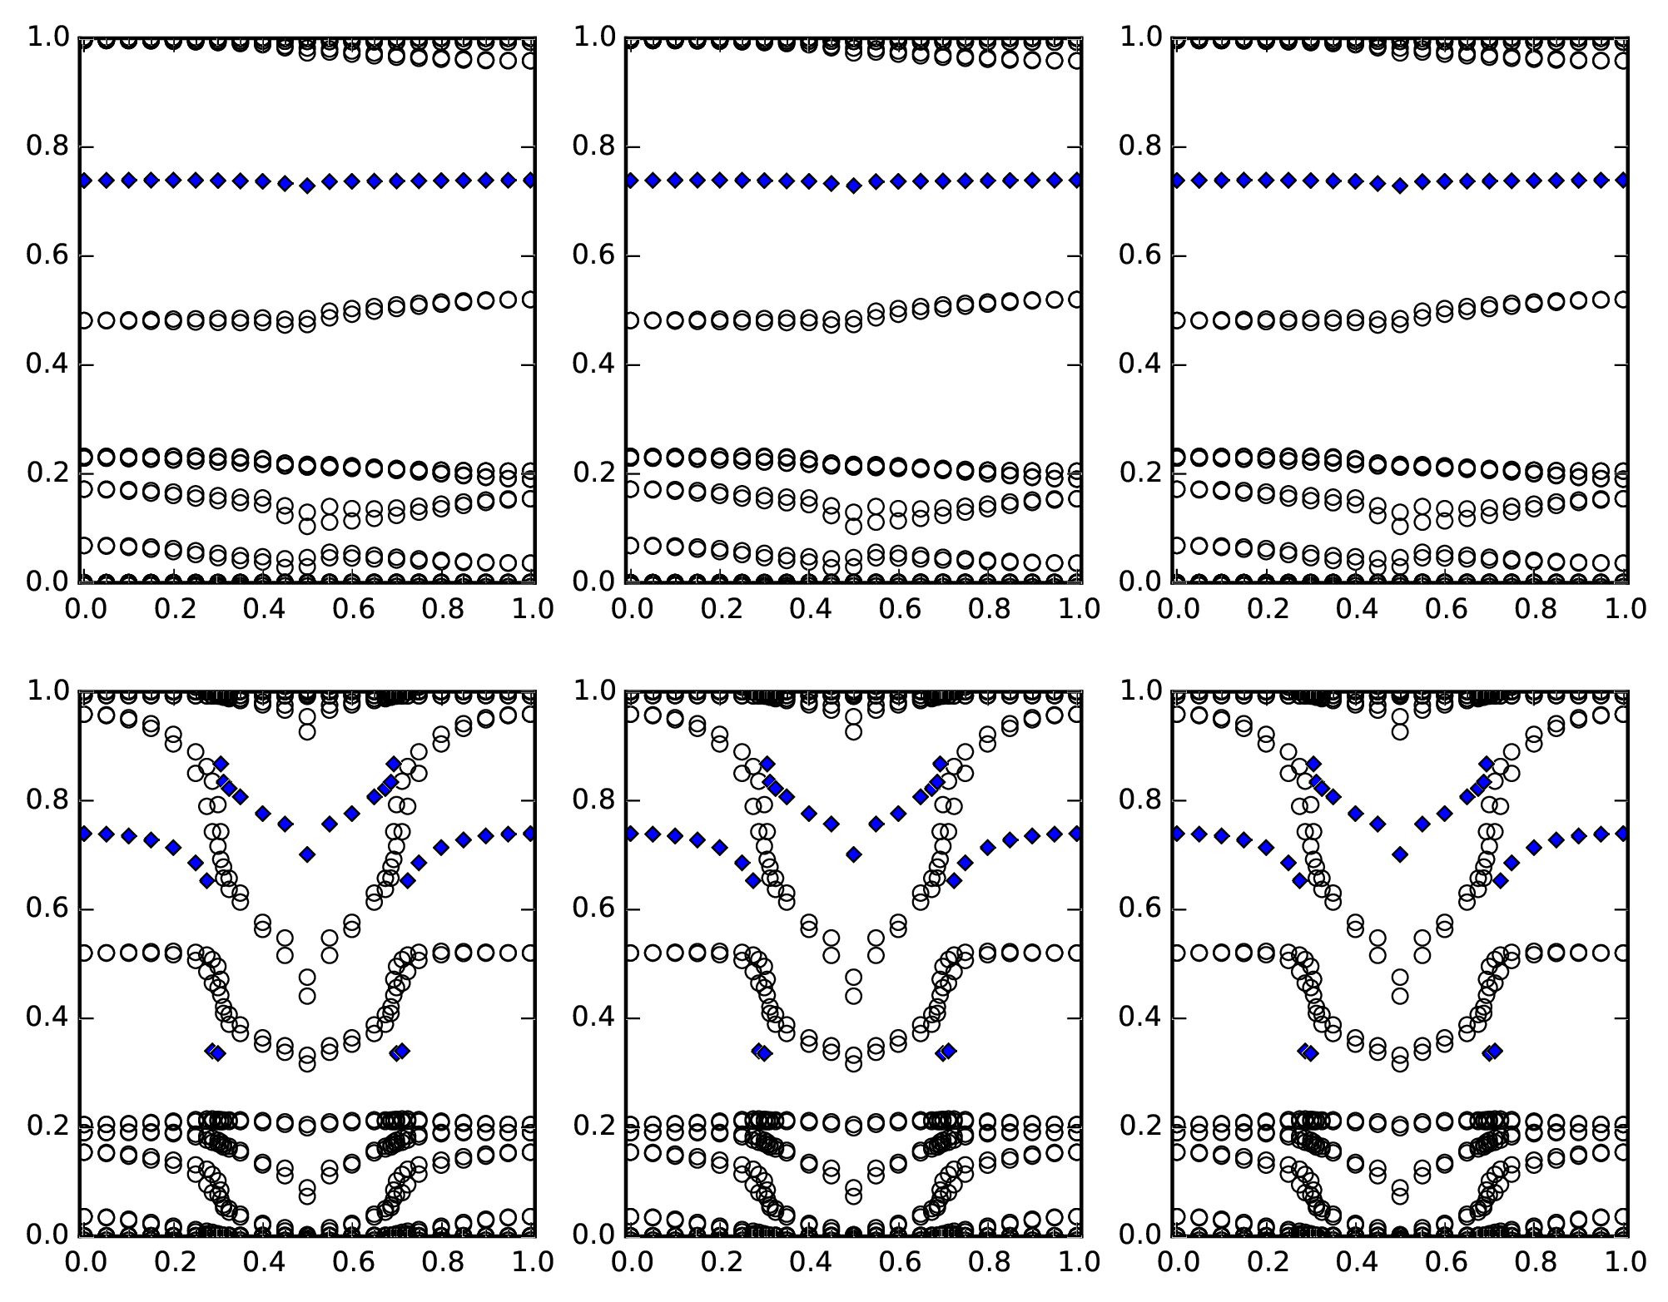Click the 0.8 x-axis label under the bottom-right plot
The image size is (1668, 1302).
point(1536,1263)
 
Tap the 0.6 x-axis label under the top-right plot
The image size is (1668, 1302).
point(1446,610)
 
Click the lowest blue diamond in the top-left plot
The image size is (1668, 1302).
point(307,186)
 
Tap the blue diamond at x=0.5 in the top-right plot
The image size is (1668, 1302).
point(1400,186)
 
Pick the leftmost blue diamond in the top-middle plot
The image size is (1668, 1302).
point(630,180)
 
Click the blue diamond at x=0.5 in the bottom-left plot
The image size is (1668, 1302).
point(307,854)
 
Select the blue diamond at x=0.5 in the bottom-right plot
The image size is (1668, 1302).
point(1400,854)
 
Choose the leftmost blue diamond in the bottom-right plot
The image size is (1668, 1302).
point(1177,833)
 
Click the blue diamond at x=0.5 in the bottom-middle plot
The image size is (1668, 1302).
point(853,854)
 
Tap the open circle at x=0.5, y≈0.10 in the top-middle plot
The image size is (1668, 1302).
point(853,526)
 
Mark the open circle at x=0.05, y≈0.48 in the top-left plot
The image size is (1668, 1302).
point(107,320)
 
